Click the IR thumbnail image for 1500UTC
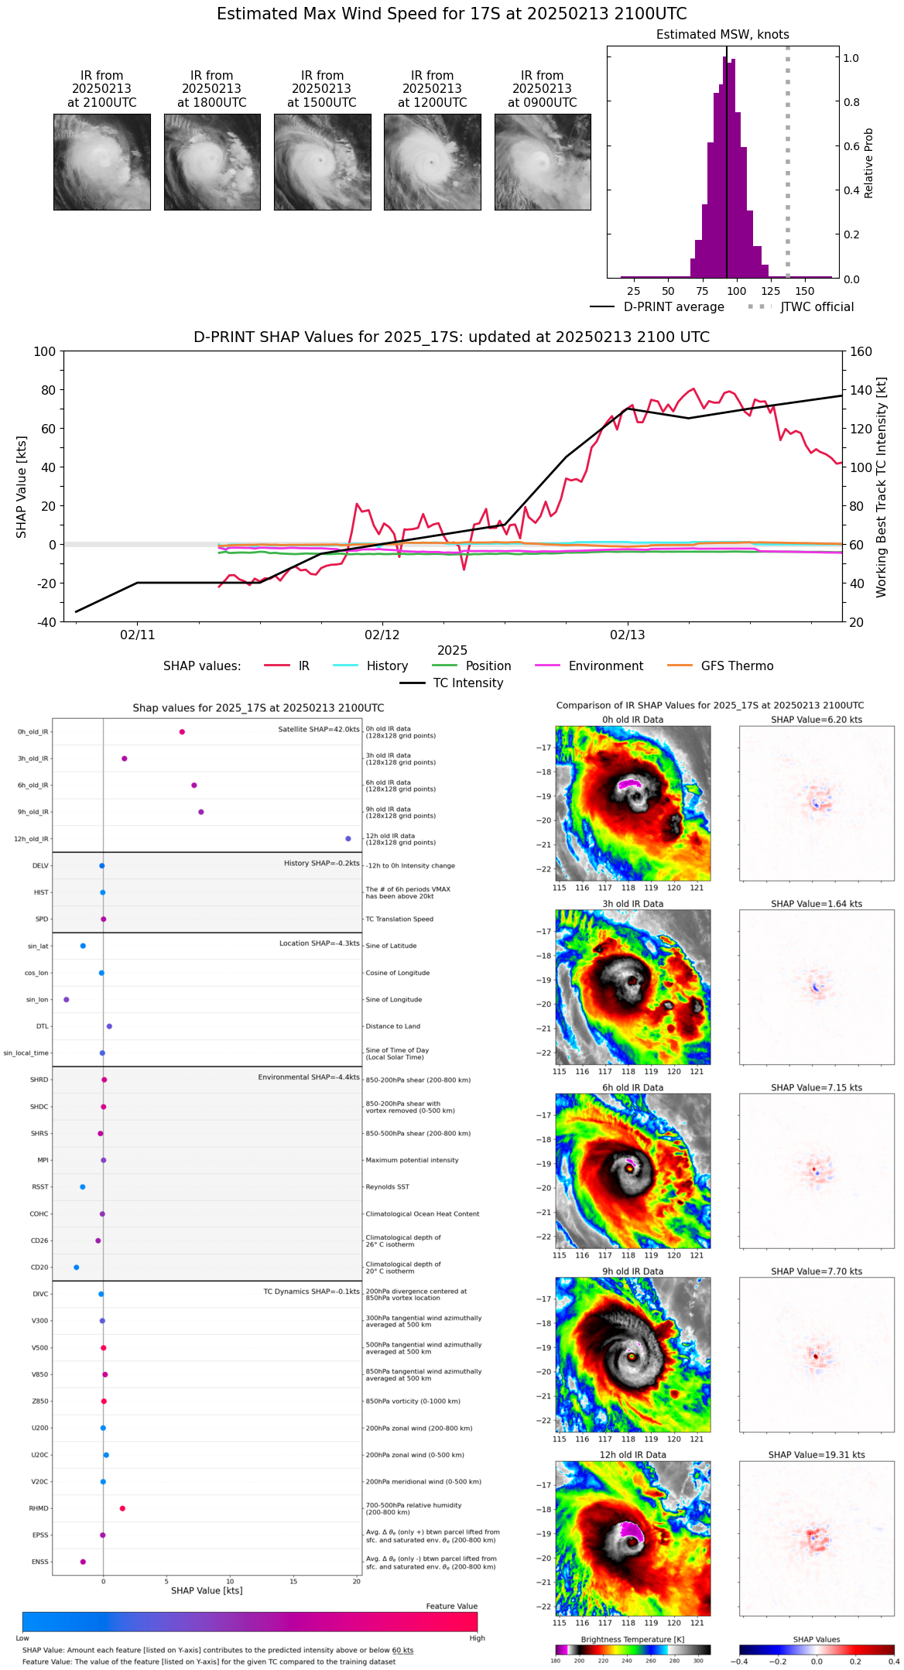(322, 162)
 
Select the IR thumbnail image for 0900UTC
(543, 162)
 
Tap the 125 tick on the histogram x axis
(770, 291)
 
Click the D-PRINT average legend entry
(657, 307)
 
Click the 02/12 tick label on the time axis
(382, 635)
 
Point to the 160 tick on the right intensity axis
(861, 352)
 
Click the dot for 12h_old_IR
(348, 839)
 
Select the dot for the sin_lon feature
(67, 1000)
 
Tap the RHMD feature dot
(122, 1508)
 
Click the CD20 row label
(39, 1268)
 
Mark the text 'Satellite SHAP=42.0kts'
(319, 730)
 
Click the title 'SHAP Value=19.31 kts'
(817, 1455)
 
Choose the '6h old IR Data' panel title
(632, 1087)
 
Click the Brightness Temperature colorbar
(632, 1650)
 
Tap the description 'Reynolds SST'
(387, 1187)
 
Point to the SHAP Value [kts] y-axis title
(22, 487)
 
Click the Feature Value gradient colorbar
(250, 1622)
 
